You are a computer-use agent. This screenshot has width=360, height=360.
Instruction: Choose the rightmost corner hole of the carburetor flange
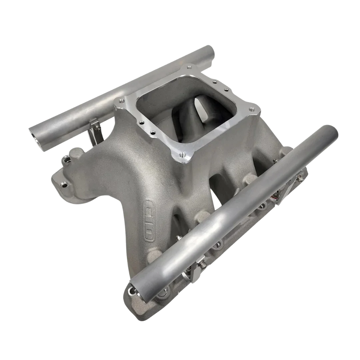(x=252, y=110)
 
